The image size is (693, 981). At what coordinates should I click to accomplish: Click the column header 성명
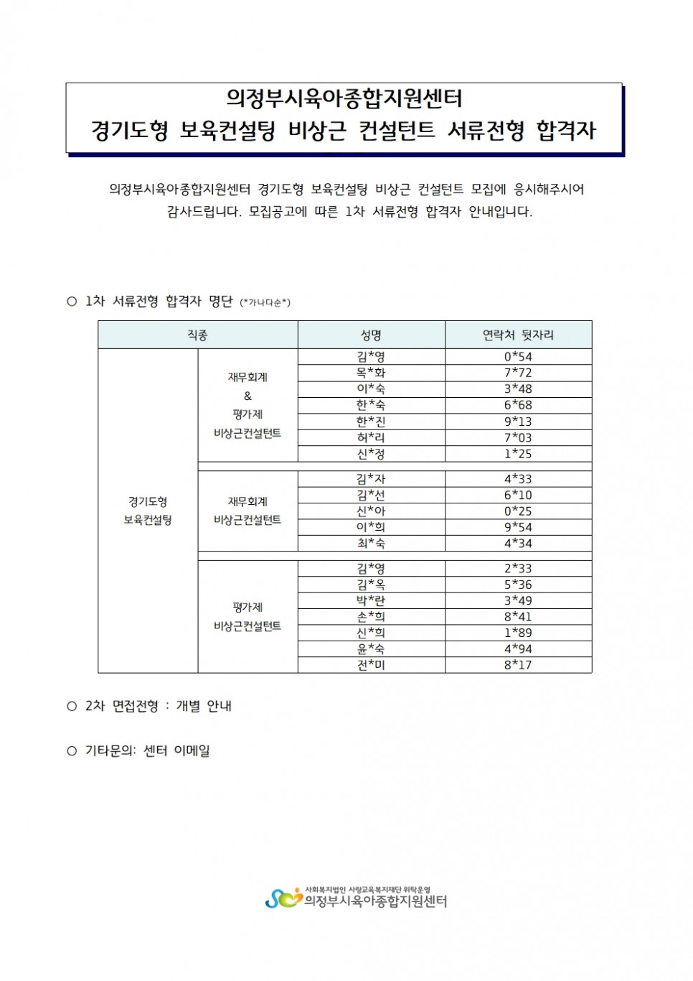(x=371, y=335)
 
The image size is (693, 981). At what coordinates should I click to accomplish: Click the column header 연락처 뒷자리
(x=518, y=335)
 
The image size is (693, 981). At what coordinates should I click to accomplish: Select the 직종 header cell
(x=197, y=335)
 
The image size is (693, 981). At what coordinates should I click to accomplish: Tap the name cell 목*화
(x=371, y=373)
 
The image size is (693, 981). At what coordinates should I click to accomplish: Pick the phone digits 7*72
(x=518, y=373)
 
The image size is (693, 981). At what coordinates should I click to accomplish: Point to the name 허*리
(x=371, y=437)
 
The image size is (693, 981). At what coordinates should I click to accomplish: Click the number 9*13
(x=518, y=422)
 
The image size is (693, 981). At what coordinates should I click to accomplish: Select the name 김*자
(x=371, y=479)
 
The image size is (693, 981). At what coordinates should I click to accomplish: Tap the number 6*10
(x=518, y=495)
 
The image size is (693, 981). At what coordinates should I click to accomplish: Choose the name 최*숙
(x=371, y=544)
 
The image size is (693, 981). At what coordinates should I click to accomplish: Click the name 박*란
(x=371, y=600)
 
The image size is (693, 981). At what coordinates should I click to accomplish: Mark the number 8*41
(x=518, y=617)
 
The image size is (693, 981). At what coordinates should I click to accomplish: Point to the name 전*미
(x=371, y=665)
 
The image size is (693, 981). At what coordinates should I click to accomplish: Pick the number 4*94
(x=518, y=649)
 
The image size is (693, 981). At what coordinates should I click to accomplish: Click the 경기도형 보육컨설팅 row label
(x=148, y=511)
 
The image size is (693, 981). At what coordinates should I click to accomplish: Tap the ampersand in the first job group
(x=247, y=396)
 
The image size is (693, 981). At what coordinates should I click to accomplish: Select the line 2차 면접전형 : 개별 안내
(x=158, y=706)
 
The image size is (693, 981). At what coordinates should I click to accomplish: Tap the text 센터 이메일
(x=176, y=751)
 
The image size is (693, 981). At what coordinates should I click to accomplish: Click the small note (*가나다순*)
(x=265, y=302)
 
